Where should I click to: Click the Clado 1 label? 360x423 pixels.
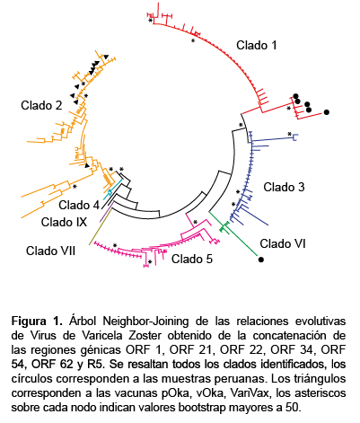257,46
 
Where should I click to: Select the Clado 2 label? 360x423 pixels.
41,105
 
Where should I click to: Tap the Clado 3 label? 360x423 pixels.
284,187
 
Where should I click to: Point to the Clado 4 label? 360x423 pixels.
79,206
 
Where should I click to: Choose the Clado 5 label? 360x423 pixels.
192,259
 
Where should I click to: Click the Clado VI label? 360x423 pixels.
283,243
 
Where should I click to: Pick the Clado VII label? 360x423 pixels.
50,251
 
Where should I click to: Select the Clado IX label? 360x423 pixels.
64,222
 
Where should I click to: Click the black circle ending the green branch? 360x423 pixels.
261,260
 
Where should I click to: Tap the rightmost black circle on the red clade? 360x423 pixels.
327,112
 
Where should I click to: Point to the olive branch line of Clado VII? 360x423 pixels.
101,226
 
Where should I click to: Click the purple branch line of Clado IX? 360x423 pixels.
107,212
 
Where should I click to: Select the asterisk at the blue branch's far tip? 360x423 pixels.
289,134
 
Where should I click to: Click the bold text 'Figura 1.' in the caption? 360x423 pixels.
37,322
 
